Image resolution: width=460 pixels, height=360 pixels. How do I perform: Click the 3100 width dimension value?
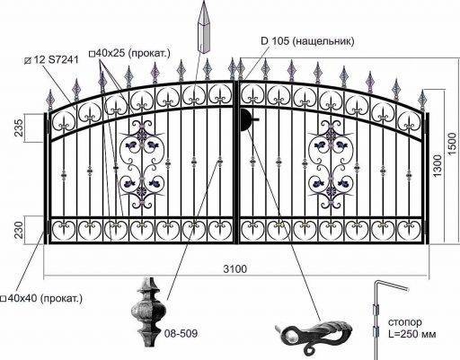tap(235, 269)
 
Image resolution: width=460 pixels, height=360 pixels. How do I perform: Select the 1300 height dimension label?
tap(437, 166)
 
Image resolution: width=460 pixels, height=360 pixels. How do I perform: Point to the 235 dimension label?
tap(19, 127)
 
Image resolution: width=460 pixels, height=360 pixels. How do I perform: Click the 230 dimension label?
tap(19, 230)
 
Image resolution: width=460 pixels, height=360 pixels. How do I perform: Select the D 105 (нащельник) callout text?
tap(307, 40)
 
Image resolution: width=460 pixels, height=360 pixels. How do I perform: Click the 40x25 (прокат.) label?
tap(129, 54)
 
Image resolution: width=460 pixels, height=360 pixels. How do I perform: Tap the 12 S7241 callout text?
tap(51, 59)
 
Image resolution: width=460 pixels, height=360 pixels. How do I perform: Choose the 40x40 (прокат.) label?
tap(41, 298)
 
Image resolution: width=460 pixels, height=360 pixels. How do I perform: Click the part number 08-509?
tap(181, 333)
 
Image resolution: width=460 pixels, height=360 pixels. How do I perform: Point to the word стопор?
tap(405, 322)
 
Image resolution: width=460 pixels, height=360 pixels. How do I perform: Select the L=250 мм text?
tap(412, 334)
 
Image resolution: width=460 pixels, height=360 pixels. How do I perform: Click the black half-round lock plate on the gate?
tap(245, 120)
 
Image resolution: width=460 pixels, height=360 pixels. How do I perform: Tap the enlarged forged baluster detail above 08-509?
tap(148, 312)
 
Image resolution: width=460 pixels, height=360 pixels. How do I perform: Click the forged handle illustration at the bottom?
tap(314, 335)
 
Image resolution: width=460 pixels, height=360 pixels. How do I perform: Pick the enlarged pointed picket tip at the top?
tap(203, 26)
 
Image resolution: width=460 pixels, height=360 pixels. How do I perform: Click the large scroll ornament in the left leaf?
tap(142, 164)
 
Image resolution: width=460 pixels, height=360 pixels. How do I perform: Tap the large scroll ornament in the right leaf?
tap(331, 164)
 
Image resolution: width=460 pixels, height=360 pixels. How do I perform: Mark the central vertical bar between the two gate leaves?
tap(236, 162)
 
